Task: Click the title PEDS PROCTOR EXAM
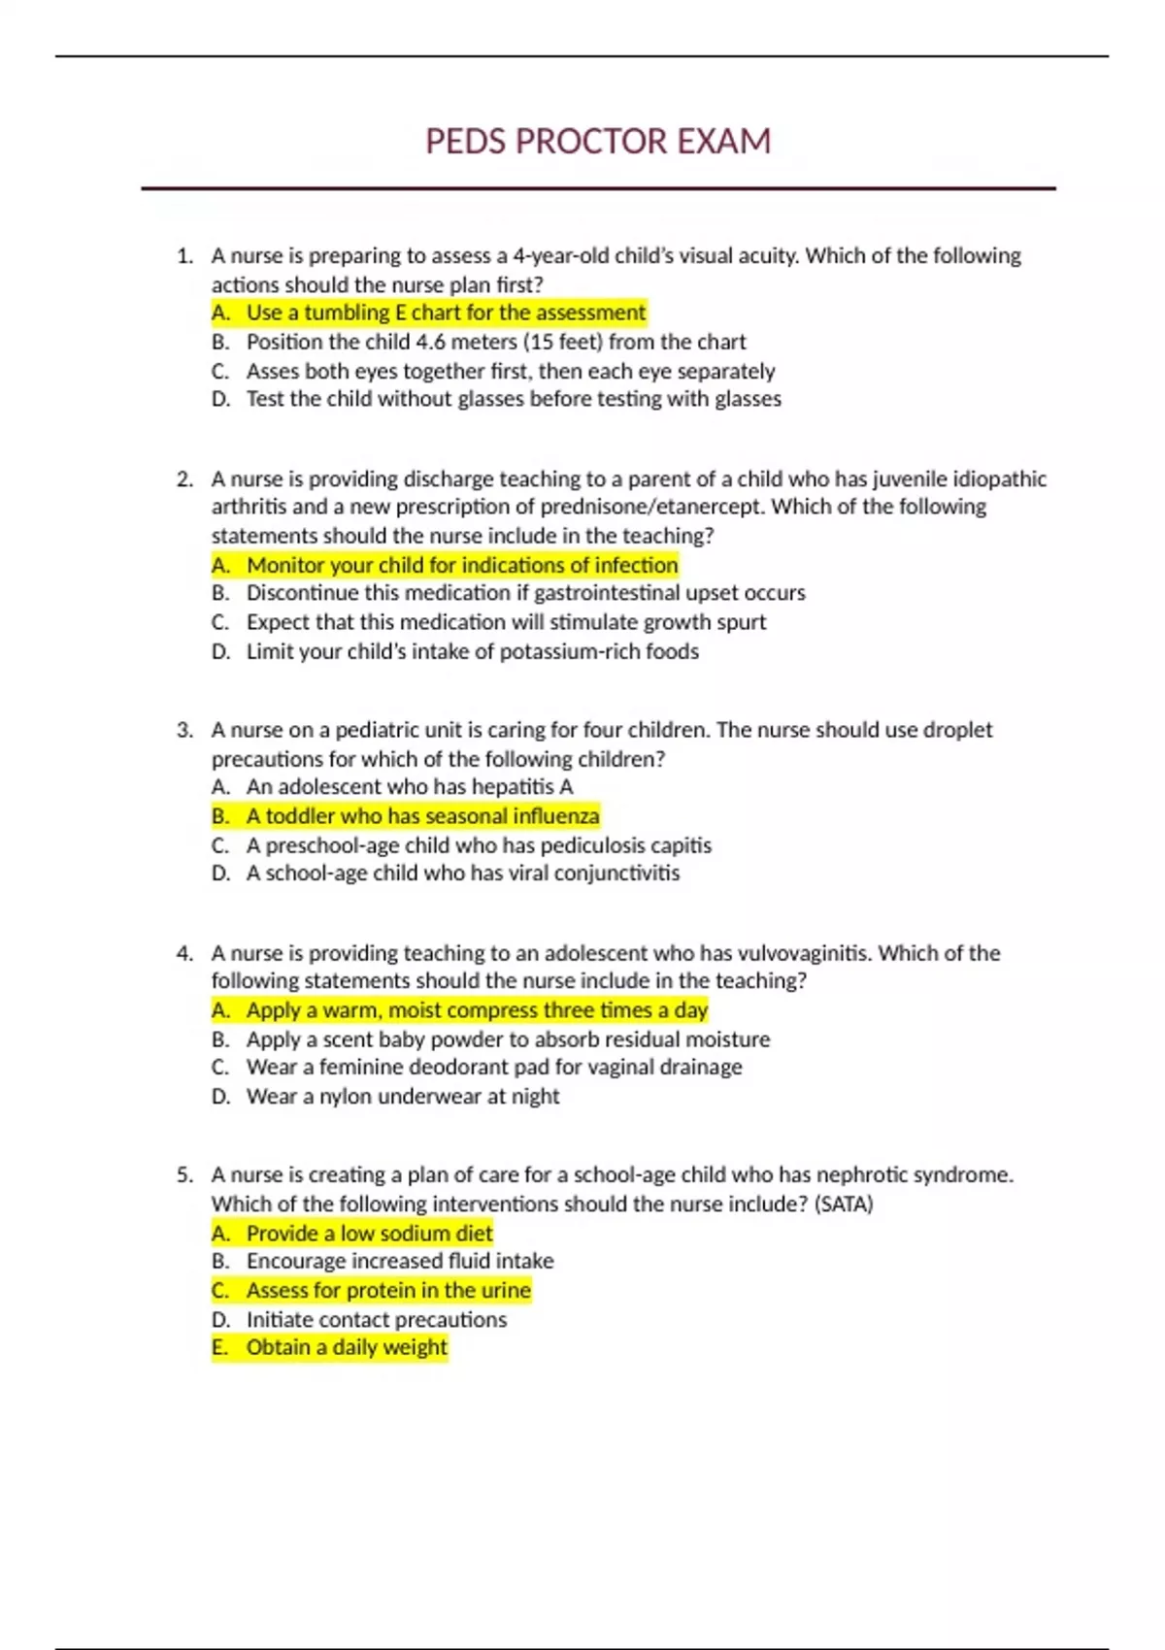point(598,142)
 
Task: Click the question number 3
point(184,731)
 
